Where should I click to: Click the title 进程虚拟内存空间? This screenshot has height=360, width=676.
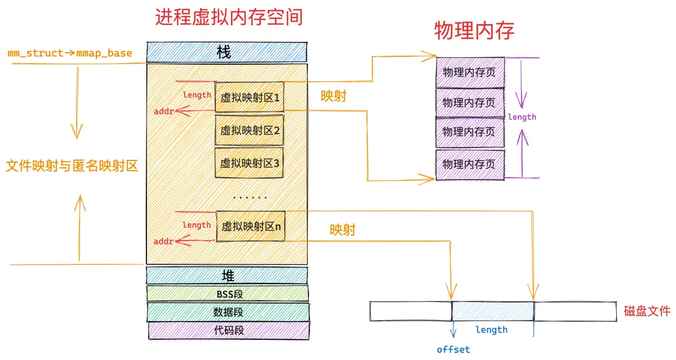click(229, 17)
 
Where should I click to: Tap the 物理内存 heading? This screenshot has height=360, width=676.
click(474, 30)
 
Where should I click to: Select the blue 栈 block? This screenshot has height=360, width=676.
click(227, 52)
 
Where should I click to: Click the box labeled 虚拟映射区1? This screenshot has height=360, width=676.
click(250, 97)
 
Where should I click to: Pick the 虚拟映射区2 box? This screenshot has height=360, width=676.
click(249, 130)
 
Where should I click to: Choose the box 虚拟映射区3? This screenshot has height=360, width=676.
click(249, 163)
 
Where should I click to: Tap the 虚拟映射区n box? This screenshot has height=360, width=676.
click(251, 226)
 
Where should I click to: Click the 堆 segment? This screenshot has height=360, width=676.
click(227, 275)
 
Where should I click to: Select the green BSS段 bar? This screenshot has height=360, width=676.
click(228, 294)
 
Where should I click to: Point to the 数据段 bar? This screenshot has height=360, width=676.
click(228, 312)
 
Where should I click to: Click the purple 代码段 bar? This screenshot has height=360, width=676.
click(229, 331)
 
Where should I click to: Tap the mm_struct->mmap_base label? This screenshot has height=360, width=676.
click(70, 53)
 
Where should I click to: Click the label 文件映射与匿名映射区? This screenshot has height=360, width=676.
click(72, 166)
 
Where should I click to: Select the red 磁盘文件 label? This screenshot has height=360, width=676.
click(647, 311)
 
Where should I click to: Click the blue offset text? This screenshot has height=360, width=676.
click(453, 349)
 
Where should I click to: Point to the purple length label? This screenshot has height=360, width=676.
click(522, 117)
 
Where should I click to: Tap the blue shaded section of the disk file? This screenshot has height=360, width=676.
click(493, 311)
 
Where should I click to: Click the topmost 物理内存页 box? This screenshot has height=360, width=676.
click(470, 73)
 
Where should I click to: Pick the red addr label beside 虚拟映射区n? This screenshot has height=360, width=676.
click(163, 241)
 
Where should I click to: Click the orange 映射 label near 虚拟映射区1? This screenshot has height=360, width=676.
click(333, 96)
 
